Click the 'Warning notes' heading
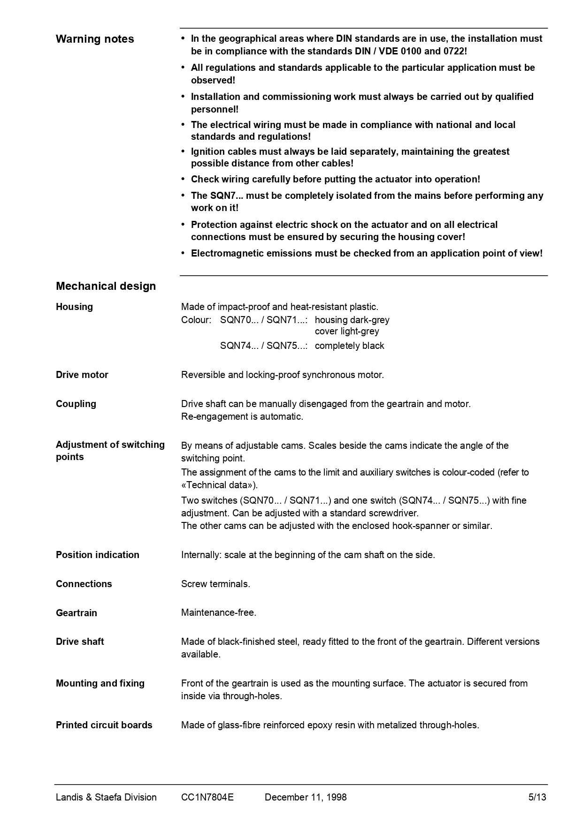[x=95, y=39]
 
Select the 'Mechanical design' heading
[x=106, y=286]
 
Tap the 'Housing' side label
[x=74, y=307]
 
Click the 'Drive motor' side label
[x=82, y=375]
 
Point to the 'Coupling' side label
[x=76, y=404]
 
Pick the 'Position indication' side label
[x=97, y=555]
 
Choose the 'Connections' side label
[x=84, y=584]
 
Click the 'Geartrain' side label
[x=76, y=613]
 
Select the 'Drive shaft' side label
[x=80, y=642]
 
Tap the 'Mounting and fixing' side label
[x=100, y=683]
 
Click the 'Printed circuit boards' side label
[x=104, y=725]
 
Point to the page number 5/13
[x=537, y=797]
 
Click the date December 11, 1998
[x=306, y=797]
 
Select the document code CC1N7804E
[x=207, y=797]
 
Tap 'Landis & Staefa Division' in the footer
[x=106, y=797]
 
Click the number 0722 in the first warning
[x=453, y=51]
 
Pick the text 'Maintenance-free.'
[x=219, y=612]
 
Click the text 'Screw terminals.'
[x=215, y=584]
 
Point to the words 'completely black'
[x=349, y=346]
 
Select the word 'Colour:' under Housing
[x=196, y=320]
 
